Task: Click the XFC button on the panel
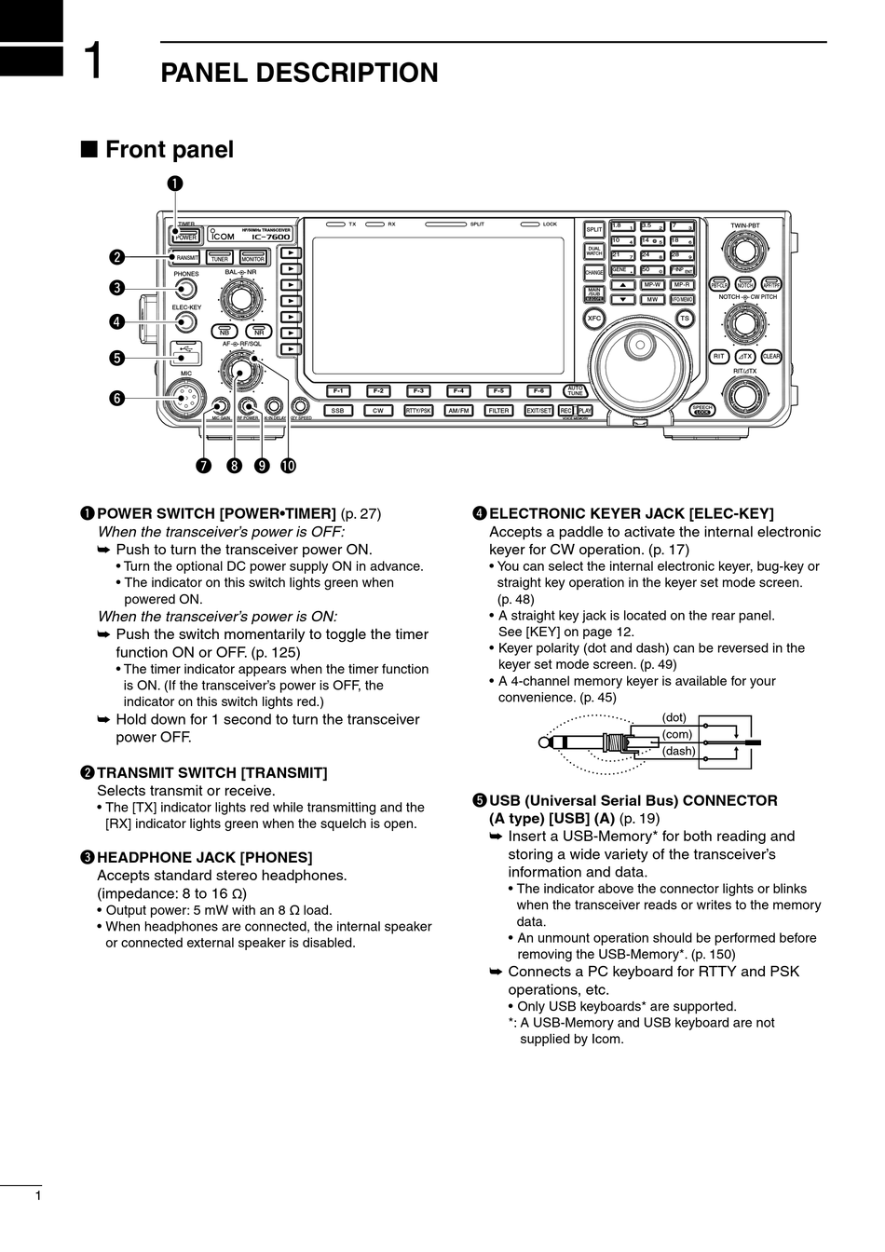(x=594, y=319)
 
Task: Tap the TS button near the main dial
(x=685, y=319)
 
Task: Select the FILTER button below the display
(x=499, y=410)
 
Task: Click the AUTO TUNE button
(x=576, y=391)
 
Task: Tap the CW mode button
(x=377, y=410)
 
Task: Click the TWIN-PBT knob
(x=744, y=251)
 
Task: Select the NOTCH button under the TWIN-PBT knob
(x=744, y=284)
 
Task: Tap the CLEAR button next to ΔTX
(x=771, y=356)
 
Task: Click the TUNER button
(x=220, y=257)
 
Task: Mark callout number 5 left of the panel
(x=116, y=357)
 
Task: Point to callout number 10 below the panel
(x=288, y=464)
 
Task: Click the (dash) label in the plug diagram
(x=679, y=751)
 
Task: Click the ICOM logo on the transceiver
(x=224, y=236)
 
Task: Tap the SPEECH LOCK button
(x=703, y=409)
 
